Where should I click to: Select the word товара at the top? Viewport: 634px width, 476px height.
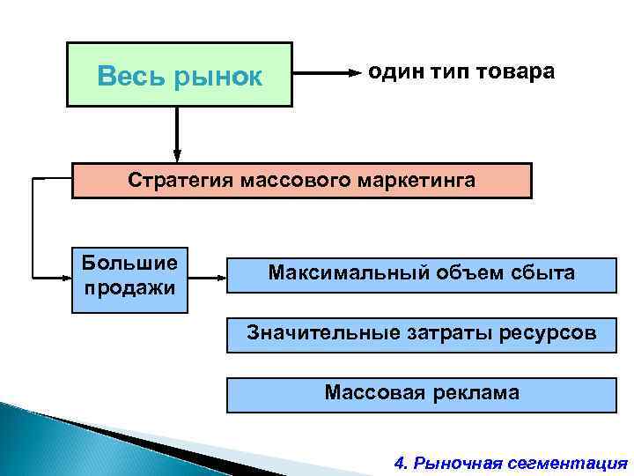click(x=516, y=71)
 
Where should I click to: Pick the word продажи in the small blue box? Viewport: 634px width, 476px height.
click(x=129, y=287)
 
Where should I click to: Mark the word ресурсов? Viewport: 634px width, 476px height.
click(x=546, y=334)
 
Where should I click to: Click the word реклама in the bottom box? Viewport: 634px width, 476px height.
click(x=475, y=392)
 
